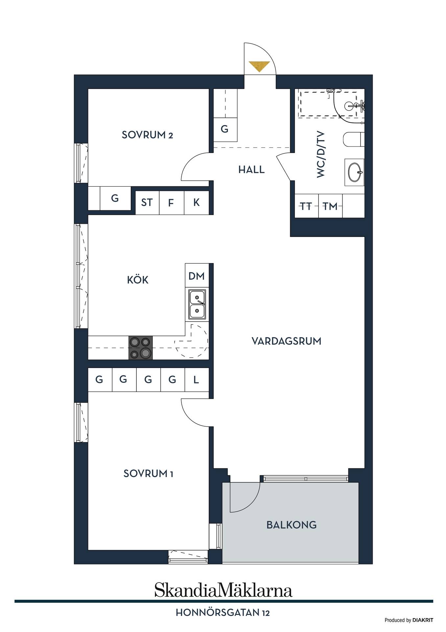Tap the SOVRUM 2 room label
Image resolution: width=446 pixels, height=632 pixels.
[147, 135]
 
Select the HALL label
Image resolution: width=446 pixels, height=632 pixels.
[251, 170]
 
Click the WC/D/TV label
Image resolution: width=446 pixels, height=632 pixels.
[321, 154]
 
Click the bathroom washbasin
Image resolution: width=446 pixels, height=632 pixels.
[354, 172]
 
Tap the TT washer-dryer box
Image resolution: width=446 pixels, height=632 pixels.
[307, 206]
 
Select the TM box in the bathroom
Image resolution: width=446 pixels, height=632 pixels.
[330, 206]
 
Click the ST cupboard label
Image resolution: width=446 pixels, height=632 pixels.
[147, 202]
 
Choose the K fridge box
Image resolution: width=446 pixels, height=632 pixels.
[197, 203]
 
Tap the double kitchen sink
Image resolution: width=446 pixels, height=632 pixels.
[197, 305]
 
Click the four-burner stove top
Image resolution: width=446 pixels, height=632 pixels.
[141, 348]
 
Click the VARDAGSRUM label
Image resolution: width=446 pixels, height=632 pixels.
[286, 341]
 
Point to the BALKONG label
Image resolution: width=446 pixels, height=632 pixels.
[292, 525]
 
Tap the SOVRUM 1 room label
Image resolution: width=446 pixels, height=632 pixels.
[148, 474]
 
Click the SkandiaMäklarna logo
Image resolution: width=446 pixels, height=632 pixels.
[223, 590]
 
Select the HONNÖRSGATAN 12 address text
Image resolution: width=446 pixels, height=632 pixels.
[223, 613]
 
